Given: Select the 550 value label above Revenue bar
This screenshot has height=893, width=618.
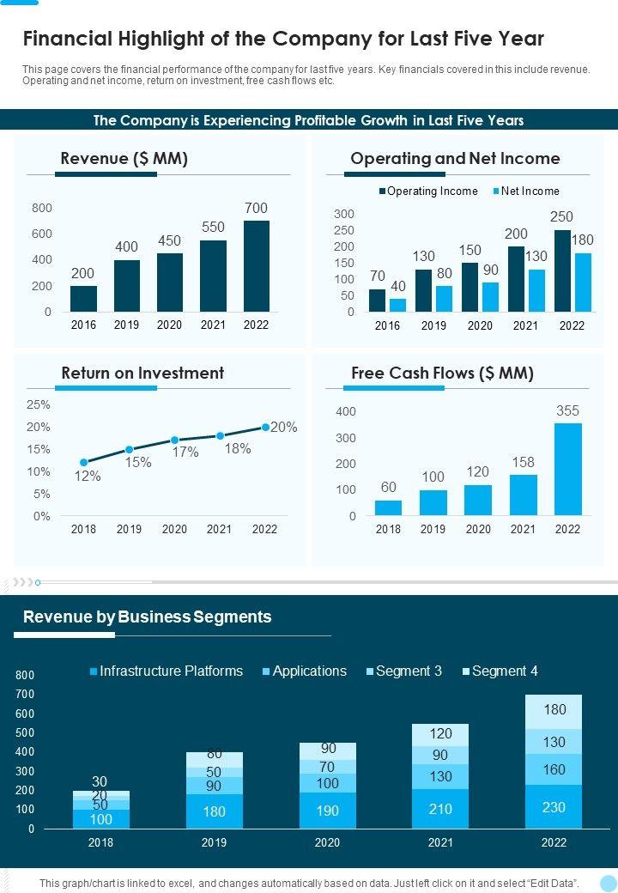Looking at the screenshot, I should tap(213, 228).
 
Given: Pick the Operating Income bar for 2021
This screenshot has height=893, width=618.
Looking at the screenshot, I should tap(516, 279).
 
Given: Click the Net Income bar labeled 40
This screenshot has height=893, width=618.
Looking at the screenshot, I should tap(397, 305).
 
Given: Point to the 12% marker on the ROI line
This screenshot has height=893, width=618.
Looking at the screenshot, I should tap(84, 463).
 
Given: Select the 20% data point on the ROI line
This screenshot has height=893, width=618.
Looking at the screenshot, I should tap(266, 427).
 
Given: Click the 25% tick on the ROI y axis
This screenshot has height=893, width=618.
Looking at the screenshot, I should tap(39, 404).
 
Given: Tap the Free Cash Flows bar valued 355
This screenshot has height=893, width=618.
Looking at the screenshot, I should tap(567, 469).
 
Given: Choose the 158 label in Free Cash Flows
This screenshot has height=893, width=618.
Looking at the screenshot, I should tap(523, 463).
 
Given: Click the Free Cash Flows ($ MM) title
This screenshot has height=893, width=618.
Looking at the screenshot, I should tap(442, 373).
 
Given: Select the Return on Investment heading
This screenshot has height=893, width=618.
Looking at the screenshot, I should tap(142, 373).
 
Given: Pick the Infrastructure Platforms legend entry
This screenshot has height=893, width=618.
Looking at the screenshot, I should tap(167, 671).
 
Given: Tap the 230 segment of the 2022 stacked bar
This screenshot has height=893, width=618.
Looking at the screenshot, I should tap(554, 807).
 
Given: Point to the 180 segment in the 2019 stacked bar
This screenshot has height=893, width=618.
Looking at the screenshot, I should tap(214, 811).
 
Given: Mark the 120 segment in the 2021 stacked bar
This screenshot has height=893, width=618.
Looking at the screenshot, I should tap(440, 734).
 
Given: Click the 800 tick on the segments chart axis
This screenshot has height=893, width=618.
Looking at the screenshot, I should tap(25, 676).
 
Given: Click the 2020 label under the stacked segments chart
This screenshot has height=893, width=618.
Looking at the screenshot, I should tap(327, 843).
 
